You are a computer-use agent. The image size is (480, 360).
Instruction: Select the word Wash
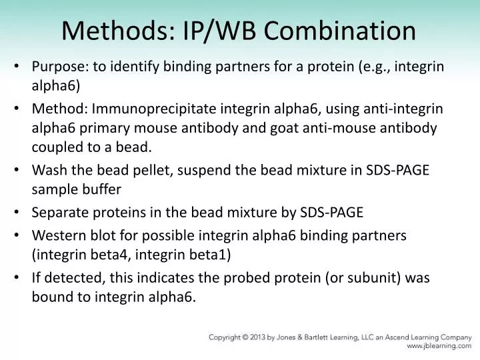pos(48,170)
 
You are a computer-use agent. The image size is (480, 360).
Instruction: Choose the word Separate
pos(58,213)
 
